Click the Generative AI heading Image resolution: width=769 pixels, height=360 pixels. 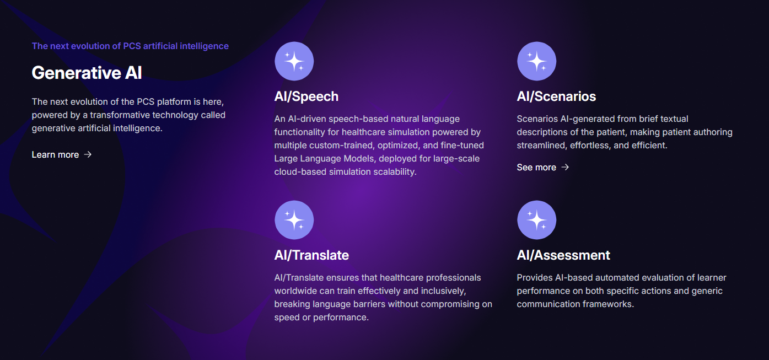(87, 73)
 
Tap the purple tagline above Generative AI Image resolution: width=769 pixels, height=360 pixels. (130, 46)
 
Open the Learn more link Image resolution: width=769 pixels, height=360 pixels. (55, 155)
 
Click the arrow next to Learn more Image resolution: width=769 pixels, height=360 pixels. (88, 155)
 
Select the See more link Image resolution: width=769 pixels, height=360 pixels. (536, 168)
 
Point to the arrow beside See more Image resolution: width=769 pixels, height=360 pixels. (565, 168)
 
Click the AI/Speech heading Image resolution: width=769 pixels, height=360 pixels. (306, 96)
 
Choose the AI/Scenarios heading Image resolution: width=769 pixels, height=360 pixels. (556, 96)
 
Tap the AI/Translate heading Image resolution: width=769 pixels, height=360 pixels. (311, 255)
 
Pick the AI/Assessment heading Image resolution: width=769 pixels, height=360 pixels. (563, 255)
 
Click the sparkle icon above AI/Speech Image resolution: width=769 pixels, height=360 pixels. (294, 61)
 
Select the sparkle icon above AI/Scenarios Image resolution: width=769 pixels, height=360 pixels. (536, 61)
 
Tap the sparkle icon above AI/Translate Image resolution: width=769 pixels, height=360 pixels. (294, 220)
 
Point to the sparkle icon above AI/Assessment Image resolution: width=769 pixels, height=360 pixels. (536, 220)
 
